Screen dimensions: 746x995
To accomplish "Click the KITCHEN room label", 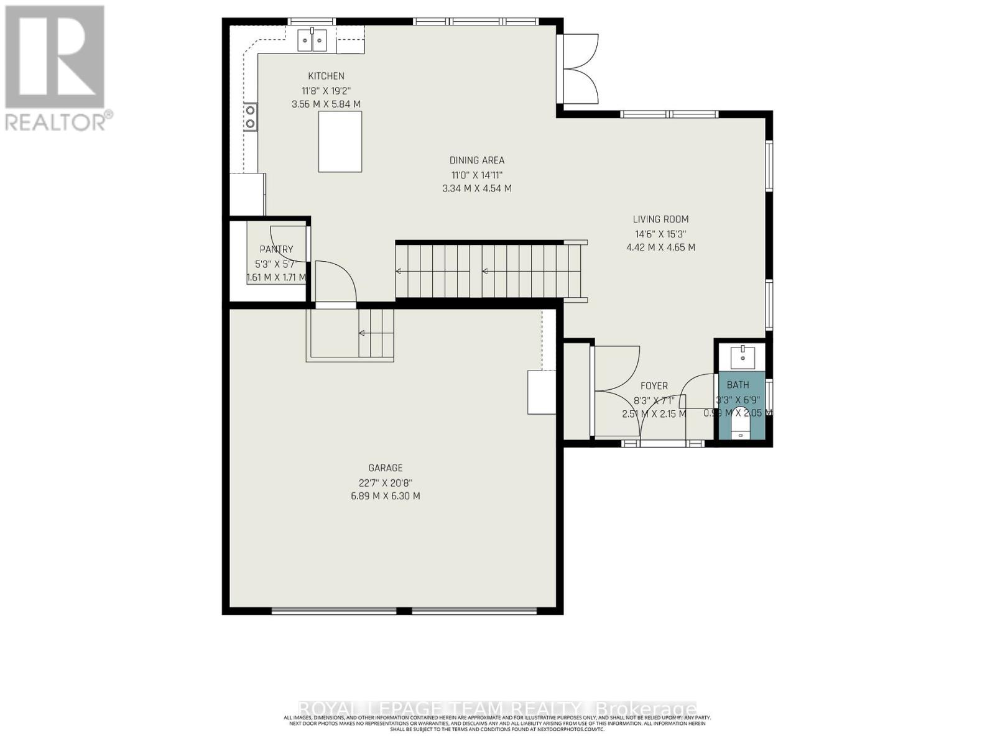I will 326,76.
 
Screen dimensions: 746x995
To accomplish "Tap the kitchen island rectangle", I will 340,141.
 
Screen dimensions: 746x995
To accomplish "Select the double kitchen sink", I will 312,41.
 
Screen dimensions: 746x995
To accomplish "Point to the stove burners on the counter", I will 250,116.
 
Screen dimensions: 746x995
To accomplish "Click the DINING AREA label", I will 477,160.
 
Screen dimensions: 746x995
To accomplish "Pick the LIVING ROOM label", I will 660,219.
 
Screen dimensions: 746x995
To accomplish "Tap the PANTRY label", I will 276,249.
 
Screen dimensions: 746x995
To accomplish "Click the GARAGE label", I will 386,467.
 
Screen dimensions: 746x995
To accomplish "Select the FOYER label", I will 654,386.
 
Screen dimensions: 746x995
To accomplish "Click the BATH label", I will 738,385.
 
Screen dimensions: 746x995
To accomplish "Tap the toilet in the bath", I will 740,426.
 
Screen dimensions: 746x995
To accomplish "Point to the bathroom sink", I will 743,358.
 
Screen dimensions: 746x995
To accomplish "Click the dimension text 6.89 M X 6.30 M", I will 386,496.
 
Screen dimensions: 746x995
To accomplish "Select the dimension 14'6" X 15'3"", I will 660,234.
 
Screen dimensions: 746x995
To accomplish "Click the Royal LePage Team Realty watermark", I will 497,709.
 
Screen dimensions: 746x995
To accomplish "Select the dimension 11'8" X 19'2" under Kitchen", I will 326,91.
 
